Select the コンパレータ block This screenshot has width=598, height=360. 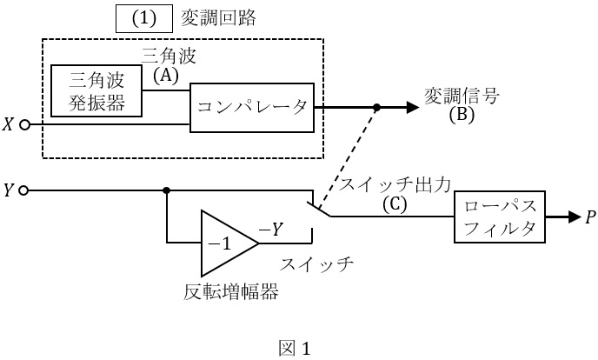(251, 107)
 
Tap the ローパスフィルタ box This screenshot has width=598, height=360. (498, 217)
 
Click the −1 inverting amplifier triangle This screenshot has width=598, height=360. (225, 243)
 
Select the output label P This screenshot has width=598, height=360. (591, 217)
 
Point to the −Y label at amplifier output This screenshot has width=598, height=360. (270, 230)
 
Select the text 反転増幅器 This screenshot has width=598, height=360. (231, 291)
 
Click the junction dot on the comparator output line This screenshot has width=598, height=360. (376, 108)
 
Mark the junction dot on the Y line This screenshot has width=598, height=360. (166, 190)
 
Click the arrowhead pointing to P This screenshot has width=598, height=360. (573, 217)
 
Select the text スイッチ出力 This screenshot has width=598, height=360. (395, 184)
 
